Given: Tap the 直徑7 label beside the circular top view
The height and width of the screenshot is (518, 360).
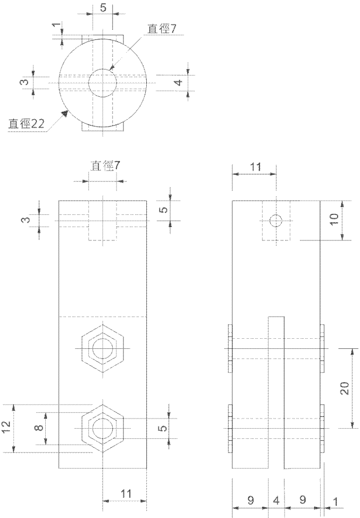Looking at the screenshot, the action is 162,29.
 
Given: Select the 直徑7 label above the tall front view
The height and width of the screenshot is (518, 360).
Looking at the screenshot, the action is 106,166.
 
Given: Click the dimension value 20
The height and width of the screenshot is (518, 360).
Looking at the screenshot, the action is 345,388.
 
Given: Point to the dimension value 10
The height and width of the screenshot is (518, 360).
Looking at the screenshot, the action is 334,219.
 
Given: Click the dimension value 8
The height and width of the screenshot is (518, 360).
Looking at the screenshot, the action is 39,428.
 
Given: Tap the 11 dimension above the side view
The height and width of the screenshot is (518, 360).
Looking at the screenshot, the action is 255,167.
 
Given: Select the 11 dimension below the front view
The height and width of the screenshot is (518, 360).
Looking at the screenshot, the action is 125,494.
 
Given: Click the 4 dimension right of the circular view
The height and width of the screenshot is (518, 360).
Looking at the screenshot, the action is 179,82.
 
